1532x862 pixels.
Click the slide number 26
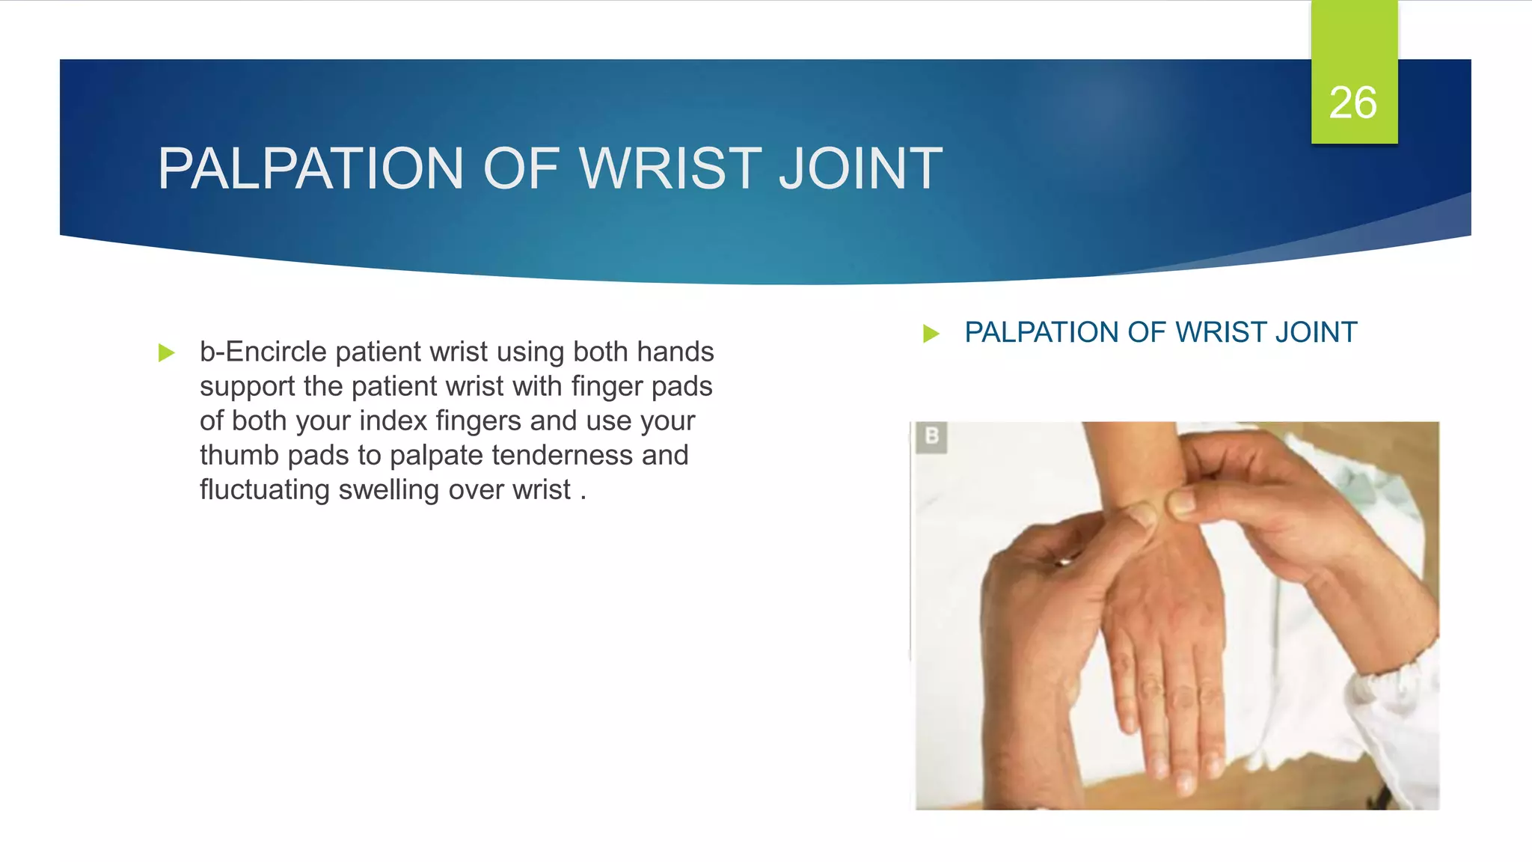pos(1352,103)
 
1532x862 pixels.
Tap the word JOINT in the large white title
pos(860,168)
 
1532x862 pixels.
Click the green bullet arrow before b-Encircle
pos(166,352)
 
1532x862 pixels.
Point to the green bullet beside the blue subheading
pos(931,333)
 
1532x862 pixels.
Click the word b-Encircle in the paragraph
pos(263,352)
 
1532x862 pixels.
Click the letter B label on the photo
pos(931,436)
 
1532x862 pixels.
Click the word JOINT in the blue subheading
pos(1316,332)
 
